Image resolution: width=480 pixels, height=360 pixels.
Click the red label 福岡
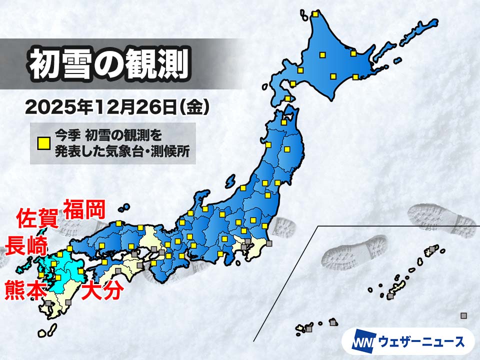coord(84,210)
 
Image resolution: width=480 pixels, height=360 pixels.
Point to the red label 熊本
coord(25,290)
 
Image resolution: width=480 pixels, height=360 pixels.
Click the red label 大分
coord(102,290)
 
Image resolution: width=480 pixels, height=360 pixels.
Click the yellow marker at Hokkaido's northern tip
coord(315,14)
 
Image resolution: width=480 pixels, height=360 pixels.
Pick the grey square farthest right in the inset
coord(463,315)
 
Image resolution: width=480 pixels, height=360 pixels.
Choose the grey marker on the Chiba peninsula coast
coord(269,243)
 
